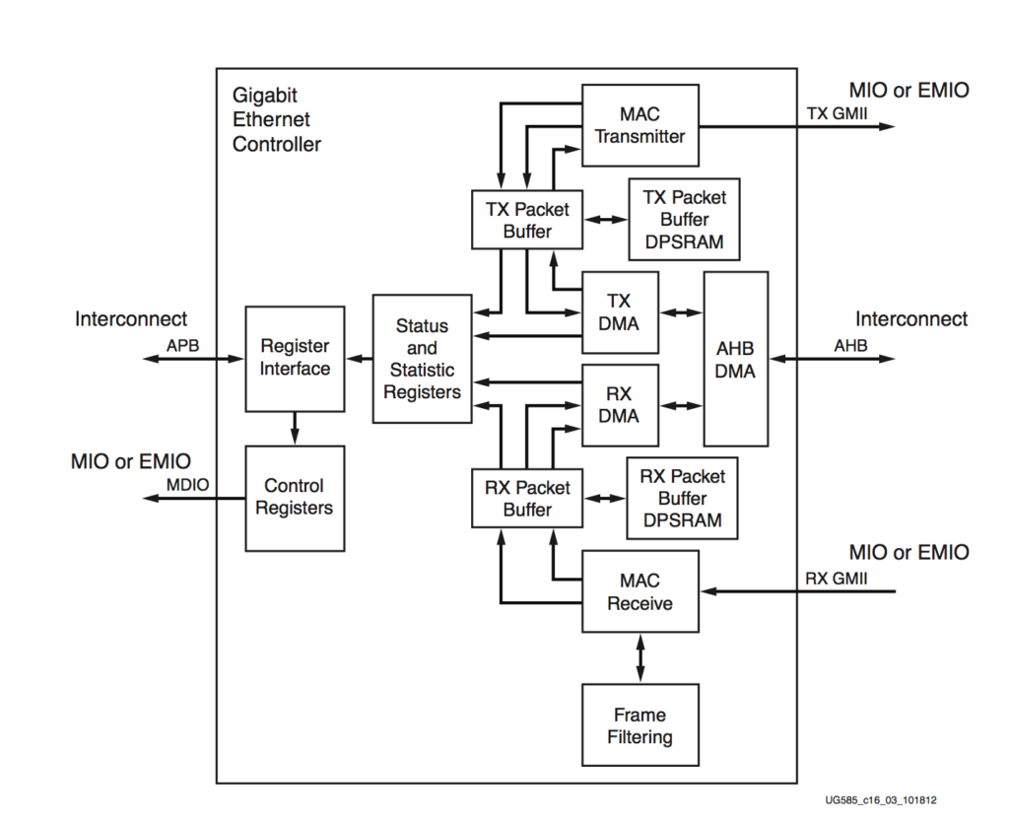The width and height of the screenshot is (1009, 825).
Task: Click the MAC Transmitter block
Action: point(639,125)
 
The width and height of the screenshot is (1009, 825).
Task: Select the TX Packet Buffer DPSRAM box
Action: point(684,220)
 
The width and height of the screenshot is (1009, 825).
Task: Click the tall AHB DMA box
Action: point(735,359)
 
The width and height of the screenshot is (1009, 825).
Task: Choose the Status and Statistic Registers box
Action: point(422,359)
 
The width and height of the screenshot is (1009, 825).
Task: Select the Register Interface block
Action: point(295,358)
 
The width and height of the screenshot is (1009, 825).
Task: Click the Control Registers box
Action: point(295,498)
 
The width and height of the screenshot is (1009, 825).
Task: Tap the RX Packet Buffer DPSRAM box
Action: point(682,498)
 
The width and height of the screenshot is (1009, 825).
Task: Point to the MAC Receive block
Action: point(639,591)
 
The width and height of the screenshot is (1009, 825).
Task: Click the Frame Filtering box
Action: point(639,725)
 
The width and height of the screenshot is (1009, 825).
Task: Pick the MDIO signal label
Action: point(185,485)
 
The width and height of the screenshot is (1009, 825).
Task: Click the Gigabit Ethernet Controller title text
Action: point(276,119)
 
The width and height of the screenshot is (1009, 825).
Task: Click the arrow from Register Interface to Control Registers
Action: point(295,428)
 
